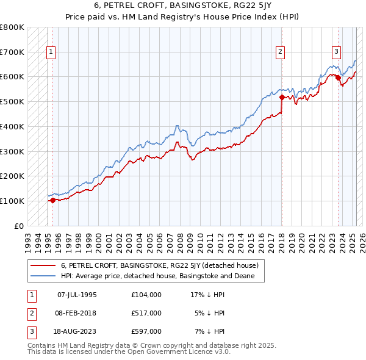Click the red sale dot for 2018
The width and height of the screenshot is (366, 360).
282,96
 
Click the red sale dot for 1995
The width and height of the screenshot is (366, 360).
52,200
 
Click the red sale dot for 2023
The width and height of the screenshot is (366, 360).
338,77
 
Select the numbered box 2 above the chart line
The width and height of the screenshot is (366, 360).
280,52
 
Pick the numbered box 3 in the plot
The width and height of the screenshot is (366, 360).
336,52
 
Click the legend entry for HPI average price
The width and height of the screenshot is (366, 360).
162,276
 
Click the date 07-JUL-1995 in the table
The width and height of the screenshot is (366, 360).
77,295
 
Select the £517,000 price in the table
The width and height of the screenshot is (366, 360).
146,313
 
